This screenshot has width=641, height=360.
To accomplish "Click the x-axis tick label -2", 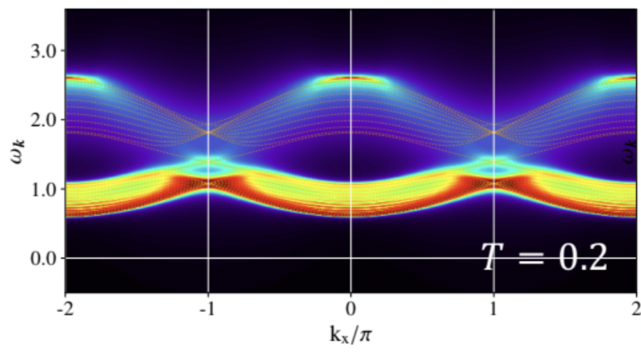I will [x=65, y=308].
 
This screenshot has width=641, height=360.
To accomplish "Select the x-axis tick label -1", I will [x=208, y=308].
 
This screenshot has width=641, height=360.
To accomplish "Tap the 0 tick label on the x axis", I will [x=351, y=308].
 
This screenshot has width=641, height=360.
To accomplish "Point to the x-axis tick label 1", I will [x=494, y=308].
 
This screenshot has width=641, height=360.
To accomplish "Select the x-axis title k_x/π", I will [x=350, y=333].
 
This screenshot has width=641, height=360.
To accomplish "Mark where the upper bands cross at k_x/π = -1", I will [x=208, y=132].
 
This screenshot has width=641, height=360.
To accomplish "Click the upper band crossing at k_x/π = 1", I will [x=494, y=132].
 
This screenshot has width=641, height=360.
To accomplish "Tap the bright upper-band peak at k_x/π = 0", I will [x=351, y=78].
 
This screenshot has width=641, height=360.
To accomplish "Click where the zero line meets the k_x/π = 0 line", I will [x=351, y=258].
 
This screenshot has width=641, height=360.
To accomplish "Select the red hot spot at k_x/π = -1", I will [x=208, y=184].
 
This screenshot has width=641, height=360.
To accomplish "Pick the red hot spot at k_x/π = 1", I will [x=494, y=184].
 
